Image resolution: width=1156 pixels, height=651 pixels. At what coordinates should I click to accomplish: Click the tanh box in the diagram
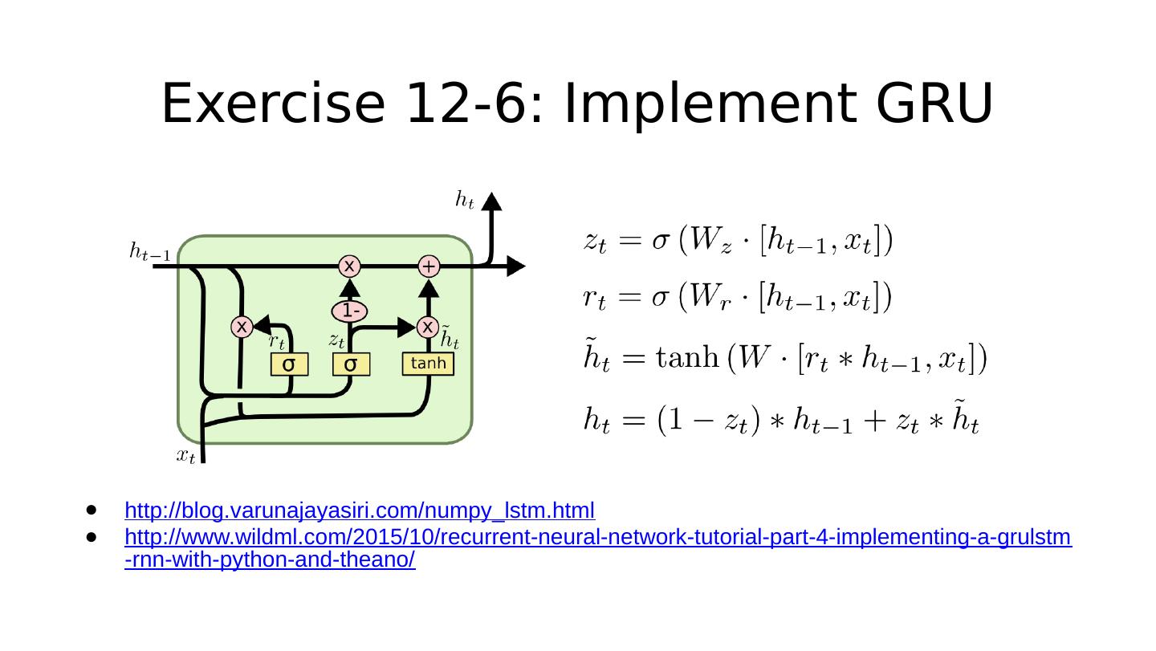428,364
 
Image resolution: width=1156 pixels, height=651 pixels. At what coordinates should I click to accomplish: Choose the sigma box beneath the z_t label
351,365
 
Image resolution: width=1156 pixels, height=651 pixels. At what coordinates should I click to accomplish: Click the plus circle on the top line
429,266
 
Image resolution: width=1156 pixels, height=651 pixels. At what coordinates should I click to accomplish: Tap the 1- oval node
350,310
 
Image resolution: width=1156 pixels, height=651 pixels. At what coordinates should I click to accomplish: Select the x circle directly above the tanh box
428,327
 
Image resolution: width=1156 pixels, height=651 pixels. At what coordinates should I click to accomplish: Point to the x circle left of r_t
241,327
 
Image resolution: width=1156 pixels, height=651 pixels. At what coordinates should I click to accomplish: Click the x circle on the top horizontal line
350,266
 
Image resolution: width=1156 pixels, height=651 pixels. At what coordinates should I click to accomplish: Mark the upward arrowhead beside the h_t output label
493,201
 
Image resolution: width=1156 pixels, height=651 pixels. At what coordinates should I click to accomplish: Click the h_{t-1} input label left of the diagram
149,252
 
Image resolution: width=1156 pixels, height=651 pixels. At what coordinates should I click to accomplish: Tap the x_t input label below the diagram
185,457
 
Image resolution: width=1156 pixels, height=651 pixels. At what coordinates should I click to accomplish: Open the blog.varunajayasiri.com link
360,511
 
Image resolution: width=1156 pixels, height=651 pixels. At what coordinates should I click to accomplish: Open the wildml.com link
598,537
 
